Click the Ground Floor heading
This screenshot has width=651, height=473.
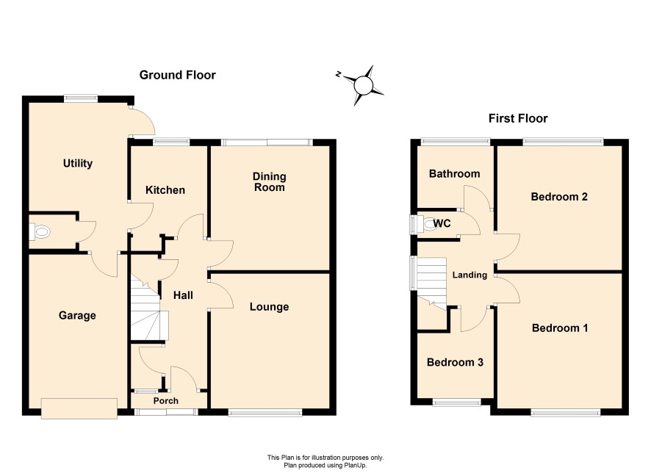point(177,75)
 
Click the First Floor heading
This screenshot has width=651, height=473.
point(518,119)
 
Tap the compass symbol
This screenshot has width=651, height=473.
point(361,85)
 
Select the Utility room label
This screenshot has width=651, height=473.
point(78,164)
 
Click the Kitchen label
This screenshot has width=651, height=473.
point(165,190)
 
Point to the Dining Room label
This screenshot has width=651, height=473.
point(270,181)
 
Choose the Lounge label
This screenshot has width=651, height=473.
point(269,307)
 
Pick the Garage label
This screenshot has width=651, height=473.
point(77,315)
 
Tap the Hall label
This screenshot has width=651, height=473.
point(183,295)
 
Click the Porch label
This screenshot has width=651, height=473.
point(165,401)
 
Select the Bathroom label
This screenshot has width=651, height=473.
point(454,173)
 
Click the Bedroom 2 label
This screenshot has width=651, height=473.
point(559,196)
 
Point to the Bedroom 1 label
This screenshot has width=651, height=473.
point(560,328)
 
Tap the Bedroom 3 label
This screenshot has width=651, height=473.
point(455,362)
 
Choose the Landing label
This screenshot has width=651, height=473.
point(470,275)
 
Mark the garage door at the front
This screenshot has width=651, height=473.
point(79,408)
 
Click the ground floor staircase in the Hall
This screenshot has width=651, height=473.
point(148,307)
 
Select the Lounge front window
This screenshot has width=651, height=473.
point(265,413)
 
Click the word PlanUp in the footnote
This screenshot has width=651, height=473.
point(356,466)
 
